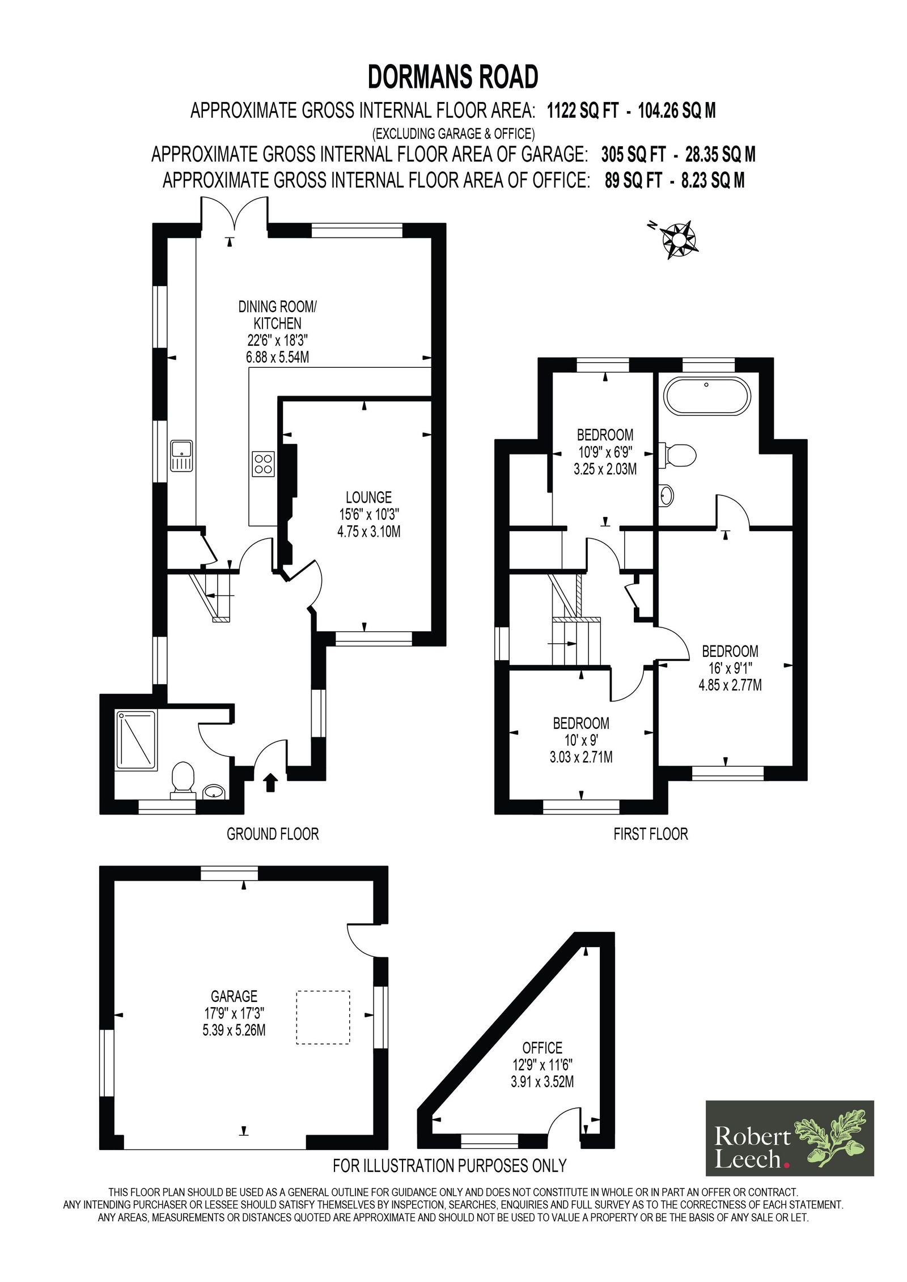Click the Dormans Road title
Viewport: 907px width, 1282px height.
453,77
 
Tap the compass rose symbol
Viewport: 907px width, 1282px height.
677,239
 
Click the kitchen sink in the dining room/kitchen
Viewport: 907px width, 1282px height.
182,456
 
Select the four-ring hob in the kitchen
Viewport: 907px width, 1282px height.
264,464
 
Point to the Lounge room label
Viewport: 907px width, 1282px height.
369,497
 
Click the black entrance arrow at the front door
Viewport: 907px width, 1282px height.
270,782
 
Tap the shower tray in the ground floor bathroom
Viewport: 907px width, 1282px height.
136,741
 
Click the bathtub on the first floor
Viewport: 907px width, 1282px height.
707,396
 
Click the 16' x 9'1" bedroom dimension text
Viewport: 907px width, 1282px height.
730,668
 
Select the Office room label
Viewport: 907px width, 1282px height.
542,1047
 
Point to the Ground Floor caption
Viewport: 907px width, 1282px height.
273,834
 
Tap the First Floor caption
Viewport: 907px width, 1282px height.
651,834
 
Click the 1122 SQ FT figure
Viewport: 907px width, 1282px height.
582,111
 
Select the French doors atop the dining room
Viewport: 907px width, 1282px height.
234,215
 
